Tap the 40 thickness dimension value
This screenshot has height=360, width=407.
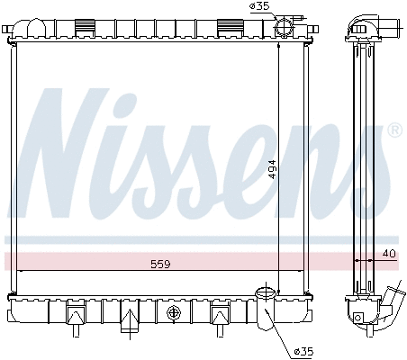click(x=388, y=253)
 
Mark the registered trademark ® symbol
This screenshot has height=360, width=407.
click(x=393, y=130)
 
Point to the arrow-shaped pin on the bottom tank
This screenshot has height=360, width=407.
click(x=131, y=317)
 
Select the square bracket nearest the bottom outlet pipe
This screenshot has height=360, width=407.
click(x=218, y=314)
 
